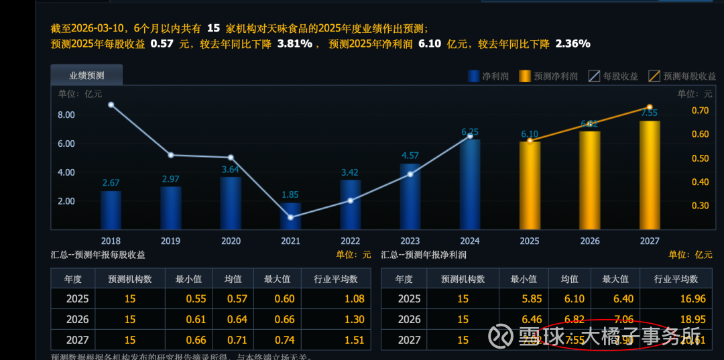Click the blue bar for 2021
290,216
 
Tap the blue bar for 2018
111,210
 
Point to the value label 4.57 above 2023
410,156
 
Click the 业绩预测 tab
86,76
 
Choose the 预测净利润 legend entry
548,76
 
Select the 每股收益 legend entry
613,76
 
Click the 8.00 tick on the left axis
66,115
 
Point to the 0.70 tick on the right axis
700,110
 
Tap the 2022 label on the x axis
350,241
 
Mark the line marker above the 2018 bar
111,105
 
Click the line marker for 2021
290,217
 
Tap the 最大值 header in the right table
615,279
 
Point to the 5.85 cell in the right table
524,299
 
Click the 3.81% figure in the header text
294,44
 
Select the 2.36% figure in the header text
572,44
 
